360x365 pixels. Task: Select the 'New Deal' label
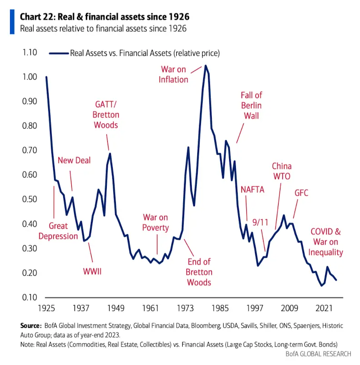pyautogui.click(x=74, y=160)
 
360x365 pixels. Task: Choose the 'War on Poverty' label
pyautogui.click(x=156, y=222)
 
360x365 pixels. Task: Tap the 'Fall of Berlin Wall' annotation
pyautogui.click(x=251, y=105)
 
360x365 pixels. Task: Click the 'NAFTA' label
pyautogui.click(x=252, y=190)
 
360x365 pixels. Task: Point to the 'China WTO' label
pyautogui.click(x=282, y=172)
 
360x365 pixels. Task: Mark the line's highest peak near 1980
pyautogui.click(x=205, y=66)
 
